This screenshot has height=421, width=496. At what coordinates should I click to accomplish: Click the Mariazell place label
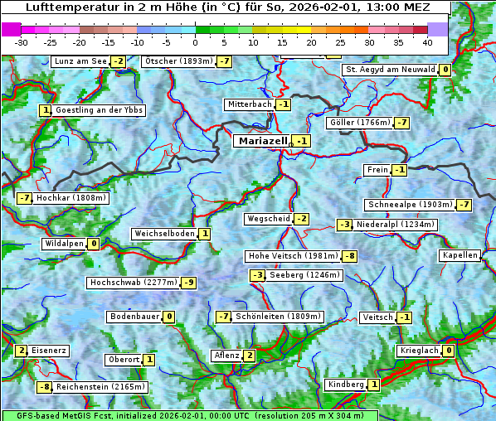(x=262, y=141)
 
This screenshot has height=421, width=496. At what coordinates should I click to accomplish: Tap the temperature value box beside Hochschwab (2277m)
(x=189, y=283)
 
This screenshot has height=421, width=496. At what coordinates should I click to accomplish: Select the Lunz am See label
(x=80, y=61)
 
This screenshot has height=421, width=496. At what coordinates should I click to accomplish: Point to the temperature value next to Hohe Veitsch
(x=350, y=256)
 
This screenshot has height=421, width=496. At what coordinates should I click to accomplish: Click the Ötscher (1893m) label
(x=177, y=61)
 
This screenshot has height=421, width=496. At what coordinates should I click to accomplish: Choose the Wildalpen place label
(x=64, y=244)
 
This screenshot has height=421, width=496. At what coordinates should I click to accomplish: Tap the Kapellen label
(x=460, y=255)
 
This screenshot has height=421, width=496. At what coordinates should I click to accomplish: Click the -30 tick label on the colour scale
(x=22, y=42)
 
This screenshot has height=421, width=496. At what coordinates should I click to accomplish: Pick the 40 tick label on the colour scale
(x=427, y=42)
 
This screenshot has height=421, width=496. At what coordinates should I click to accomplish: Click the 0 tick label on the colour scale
(x=196, y=42)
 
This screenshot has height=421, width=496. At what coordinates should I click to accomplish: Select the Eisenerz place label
(x=49, y=351)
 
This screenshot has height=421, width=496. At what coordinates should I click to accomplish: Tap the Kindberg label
(x=346, y=385)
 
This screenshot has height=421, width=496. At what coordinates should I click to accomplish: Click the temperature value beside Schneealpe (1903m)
(x=464, y=205)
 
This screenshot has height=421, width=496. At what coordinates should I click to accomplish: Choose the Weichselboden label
(x=164, y=234)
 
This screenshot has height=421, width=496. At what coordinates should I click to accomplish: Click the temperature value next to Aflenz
(x=250, y=356)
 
